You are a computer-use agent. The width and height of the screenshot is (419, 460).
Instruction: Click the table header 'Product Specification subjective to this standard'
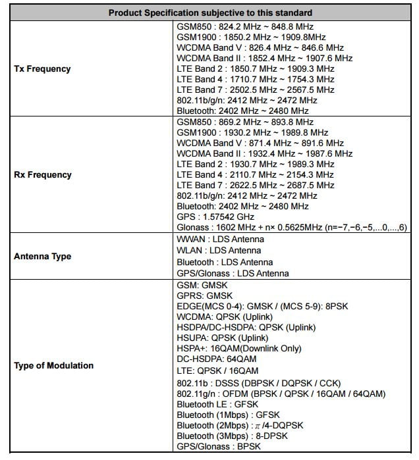pyautogui.click(x=210, y=13)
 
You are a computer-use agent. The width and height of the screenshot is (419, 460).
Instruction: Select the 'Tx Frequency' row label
pyautogui.click(x=42, y=68)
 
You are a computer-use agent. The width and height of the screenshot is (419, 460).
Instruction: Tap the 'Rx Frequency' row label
pyautogui.click(x=42, y=175)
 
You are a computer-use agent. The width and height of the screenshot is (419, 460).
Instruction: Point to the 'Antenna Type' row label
pyautogui.click(x=43, y=256)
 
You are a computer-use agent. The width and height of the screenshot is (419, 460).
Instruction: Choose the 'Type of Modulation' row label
pyautogui.click(x=54, y=365)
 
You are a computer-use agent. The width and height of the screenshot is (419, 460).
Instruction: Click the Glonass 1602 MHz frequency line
pyautogui.click(x=293, y=227)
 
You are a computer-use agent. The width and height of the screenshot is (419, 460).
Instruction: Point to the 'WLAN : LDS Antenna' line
pyautogui.click(x=219, y=251)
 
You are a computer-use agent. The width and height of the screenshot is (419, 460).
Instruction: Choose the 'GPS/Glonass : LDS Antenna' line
pyautogui.click(x=233, y=273)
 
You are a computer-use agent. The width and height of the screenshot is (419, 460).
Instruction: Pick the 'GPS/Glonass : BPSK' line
pyautogui.click(x=219, y=447)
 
